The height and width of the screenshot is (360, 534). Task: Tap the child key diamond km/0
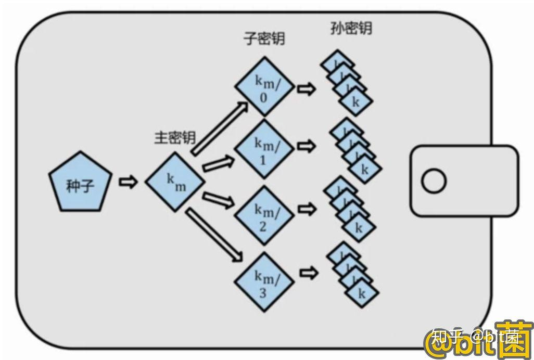[264, 86]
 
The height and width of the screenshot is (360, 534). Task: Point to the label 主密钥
[174, 137]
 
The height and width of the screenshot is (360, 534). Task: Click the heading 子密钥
[264, 38]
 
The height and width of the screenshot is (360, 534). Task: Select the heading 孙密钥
[351, 28]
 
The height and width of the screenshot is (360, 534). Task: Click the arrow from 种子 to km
[128, 182]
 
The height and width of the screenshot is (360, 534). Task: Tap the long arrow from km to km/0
[219, 128]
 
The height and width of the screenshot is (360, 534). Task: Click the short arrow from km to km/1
[215, 165]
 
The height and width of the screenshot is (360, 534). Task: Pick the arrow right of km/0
[307, 89]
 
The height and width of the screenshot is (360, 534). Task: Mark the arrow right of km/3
[308, 272]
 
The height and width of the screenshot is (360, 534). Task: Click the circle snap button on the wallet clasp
[434, 182]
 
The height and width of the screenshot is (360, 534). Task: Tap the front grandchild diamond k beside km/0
[356, 102]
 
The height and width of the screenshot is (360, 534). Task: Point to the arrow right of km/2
[307, 208]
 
